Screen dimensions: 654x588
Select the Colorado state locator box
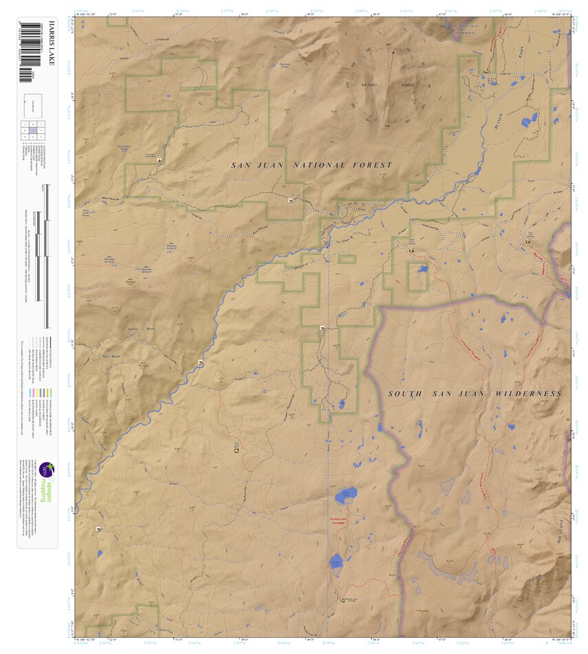tap(33, 103)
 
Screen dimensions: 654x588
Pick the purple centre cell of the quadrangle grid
tap(33, 130)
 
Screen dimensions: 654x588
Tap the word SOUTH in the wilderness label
tap(405, 393)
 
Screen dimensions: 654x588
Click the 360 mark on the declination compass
tap(389, 45)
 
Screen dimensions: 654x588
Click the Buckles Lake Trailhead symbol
tap(342, 600)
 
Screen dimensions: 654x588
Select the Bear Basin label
tap(105, 358)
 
